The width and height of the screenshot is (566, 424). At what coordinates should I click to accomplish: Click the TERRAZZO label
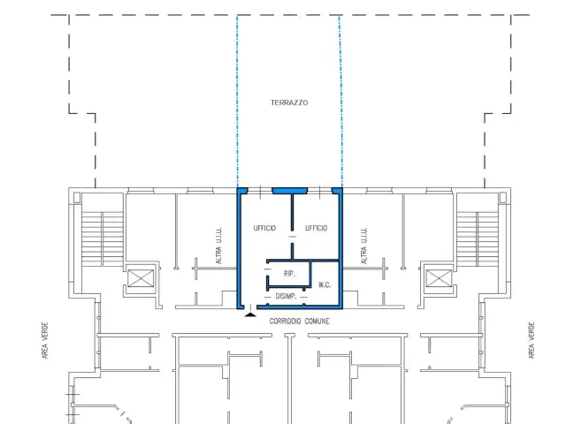(289, 102)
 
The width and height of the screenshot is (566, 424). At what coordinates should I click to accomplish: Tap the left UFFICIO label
(264, 228)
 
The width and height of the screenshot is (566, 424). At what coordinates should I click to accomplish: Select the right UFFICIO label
(317, 228)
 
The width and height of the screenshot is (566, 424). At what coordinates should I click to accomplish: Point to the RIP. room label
(289, 274)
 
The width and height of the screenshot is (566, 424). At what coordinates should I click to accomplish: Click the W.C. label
(325, 284)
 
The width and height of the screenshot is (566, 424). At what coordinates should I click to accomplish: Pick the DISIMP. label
(286, 297)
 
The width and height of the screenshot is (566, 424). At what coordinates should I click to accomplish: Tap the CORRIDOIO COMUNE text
(299, 322)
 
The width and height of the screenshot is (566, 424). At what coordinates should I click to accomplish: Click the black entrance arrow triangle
(250, 314)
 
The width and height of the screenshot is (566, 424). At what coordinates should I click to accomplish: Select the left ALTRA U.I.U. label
(218, 246)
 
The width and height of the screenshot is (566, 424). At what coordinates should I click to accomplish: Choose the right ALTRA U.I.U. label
(363, 246)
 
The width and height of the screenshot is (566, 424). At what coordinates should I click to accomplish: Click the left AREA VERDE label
(45, 340)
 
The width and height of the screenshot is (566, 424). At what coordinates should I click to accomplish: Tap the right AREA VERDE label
(532, 340)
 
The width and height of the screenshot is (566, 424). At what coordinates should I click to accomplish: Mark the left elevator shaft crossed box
(141, 278)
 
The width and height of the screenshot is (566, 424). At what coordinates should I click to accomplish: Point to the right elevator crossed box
(439, 278)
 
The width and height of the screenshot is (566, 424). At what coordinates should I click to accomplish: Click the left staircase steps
(103, 239)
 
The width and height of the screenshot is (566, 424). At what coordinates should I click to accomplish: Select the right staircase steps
(478, 239)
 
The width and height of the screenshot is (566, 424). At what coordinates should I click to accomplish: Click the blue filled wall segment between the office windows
(289, 191)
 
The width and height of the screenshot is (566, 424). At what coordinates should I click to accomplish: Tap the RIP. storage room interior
(289, 275)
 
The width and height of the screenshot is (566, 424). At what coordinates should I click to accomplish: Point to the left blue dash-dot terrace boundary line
(237, 102)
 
